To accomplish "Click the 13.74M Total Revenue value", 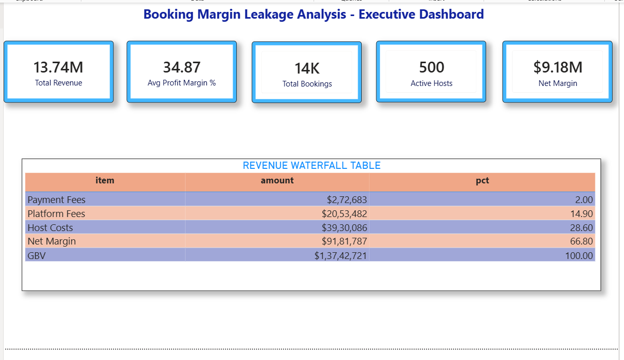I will click(x=58, y=67).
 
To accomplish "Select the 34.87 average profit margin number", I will click(x=181, y=67).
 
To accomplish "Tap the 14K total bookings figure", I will click(x=307, y=68).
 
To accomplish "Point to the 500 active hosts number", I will click(x=431, y=67).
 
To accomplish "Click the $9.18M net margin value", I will click(x=558, y=67).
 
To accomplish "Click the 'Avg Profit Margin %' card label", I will click(x=181, y=83).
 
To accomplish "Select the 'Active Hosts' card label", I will click(x=431, y=83).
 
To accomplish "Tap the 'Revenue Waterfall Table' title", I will click(x=311, y=166).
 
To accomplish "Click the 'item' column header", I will click(x=105, y=181).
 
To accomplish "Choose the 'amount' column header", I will click(x=277, y=181).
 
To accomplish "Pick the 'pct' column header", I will click(x=482, y=181).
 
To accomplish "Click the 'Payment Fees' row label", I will click(x=56, y=200).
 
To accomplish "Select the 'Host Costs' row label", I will click(x=50, y=228).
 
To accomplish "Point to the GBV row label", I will click(x=36, y=255).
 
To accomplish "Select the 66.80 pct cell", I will click(x=582, y=241).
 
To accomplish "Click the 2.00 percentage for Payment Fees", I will click(x=584, y=200).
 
